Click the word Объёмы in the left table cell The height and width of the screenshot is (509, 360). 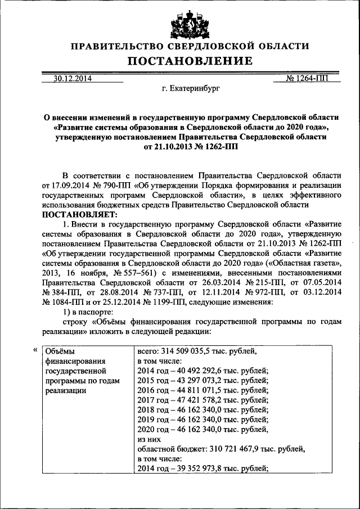tap(59, 351)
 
